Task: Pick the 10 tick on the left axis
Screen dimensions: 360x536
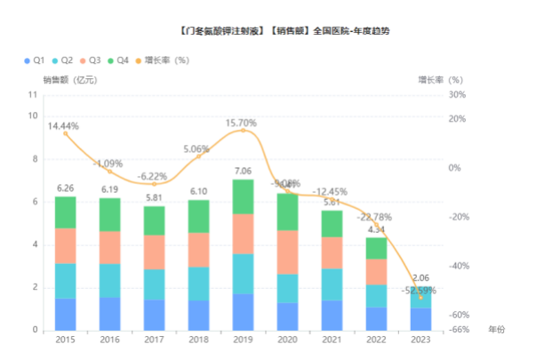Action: tap(33, 116)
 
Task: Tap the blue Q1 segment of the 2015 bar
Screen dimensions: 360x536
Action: tap(65, 314)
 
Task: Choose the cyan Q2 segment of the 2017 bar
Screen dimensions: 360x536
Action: tap(155, 284)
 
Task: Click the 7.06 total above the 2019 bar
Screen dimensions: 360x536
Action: tap(244, 171)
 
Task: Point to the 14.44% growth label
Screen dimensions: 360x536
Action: tap(64, 126)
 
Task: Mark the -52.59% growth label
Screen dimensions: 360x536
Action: tap(419, 290)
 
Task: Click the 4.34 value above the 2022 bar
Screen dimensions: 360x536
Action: tap(376, 229)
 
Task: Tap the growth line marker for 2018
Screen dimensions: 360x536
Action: tap(199, 156)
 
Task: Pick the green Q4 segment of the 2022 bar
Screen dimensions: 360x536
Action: tap(377, 248)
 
